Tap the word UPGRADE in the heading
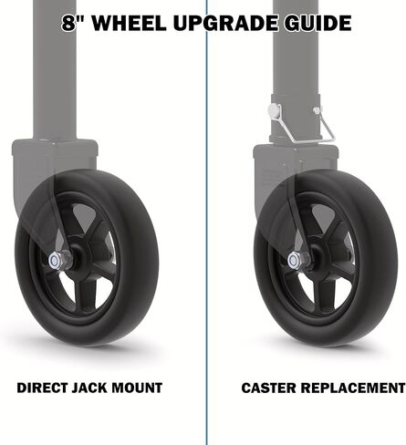[x=225, y=23]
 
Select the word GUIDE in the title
[x=318, y=23]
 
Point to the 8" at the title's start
[x=74, y=23]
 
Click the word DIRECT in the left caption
[x=43, y=388]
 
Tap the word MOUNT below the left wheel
[x=137, y=388]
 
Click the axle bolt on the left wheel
[x=55, y=260]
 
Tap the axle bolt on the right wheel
[x=295, y=260]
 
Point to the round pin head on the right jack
[x=273, y=110]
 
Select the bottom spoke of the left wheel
[x=85, y=295]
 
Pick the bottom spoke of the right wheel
[x=324, y=295]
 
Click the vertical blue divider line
[x=206, y=222]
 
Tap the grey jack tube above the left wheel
[x=55, y=70]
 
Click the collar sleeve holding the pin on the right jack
[x=296, y=119]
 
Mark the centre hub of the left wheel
[x=78, y=258]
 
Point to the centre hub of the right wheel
[x=318, y=258]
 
